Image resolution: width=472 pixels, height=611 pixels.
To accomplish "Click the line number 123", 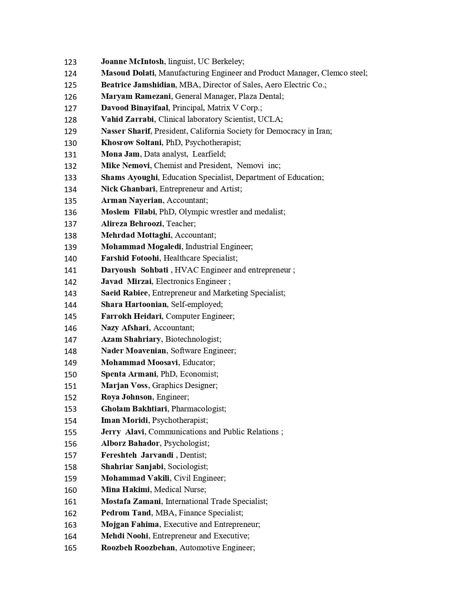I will [70, 62].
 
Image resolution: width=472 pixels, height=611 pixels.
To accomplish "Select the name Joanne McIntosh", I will [132, 61].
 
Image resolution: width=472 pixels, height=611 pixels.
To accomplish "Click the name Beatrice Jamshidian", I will [138, 85].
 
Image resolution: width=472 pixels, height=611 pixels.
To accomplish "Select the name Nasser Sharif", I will [125, 131].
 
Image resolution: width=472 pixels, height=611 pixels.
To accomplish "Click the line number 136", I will [70, 212].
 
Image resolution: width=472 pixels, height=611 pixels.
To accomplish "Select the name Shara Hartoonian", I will [134, 304].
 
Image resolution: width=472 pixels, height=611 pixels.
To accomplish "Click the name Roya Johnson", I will [126, 397].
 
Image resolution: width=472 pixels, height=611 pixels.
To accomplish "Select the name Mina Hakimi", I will [125, 490].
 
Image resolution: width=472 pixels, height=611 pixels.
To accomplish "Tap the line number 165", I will [70, 548].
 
